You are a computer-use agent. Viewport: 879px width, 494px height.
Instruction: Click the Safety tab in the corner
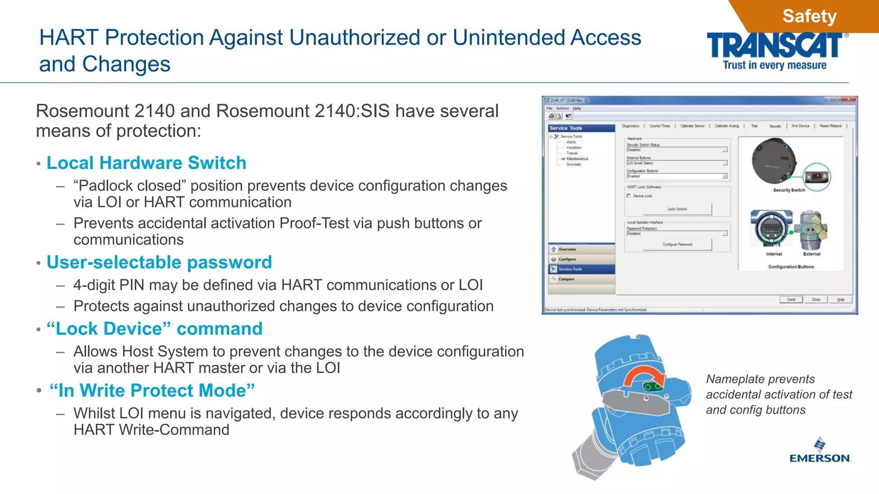click(809, 16)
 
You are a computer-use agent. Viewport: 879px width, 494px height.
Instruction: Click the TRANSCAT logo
click(775, 46)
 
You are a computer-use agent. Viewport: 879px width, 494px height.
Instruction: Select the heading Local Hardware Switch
click(146, 163)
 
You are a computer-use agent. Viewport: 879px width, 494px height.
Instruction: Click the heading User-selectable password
click(159, 262)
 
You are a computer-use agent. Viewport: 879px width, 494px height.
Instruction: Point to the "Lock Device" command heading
click(155, 329)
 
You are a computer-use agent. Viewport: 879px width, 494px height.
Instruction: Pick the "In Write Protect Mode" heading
click(152, 391)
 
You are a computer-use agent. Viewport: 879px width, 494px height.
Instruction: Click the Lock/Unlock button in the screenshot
click(677, 209)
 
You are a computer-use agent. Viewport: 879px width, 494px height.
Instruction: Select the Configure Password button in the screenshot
click(677, 244)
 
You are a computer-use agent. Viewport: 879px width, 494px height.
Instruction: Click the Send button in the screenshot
click(791, 300)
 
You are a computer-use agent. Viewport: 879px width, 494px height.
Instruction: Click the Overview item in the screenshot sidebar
click(567, 249)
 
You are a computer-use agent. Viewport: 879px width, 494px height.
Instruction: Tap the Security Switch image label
click(788, 190)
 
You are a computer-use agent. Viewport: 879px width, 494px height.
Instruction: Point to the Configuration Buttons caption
click(791, 267)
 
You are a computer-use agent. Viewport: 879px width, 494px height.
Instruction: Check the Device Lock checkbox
click(629, 196)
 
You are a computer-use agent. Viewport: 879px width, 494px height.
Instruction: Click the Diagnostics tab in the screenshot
click(630, 126)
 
